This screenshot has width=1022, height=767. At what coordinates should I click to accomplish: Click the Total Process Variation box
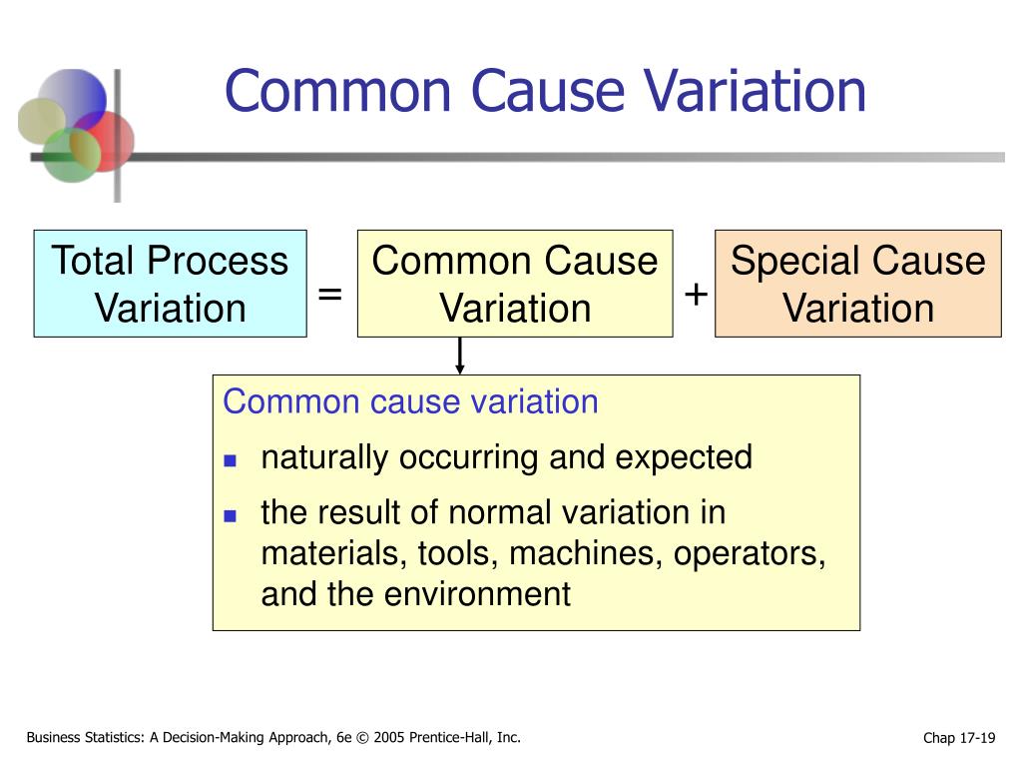point(170,284)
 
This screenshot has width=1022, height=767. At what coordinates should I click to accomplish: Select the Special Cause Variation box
point(857,284)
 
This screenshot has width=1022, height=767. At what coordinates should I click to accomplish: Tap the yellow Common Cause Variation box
point(514,284)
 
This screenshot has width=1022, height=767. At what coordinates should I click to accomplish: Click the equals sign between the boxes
point(330,295)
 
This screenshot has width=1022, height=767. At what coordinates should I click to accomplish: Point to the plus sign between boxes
point(696,295)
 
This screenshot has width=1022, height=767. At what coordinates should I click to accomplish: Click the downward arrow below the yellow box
point(460,356)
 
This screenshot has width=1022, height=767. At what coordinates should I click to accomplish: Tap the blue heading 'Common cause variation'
point(410,402)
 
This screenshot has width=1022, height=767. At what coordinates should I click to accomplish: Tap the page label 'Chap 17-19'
point(959,738)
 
